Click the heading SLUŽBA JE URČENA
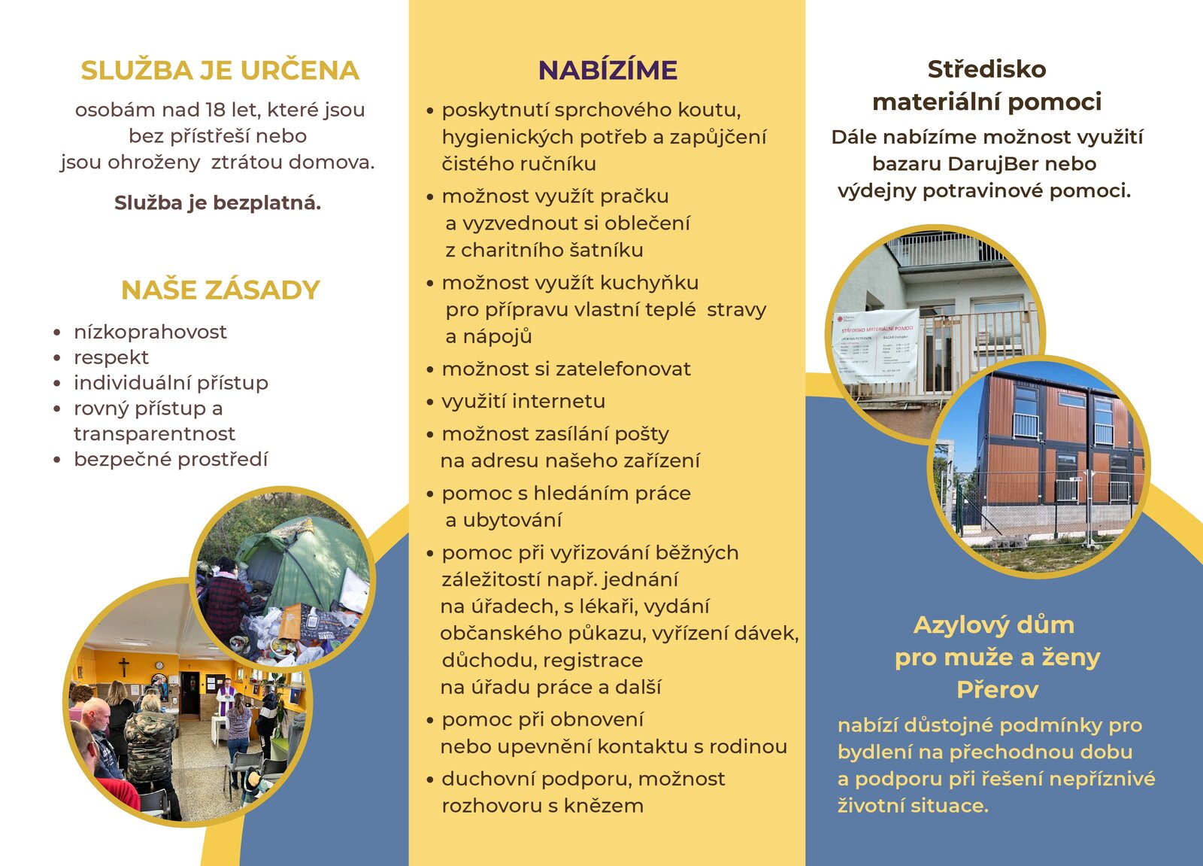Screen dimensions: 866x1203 220,71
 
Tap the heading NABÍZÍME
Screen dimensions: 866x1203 608,71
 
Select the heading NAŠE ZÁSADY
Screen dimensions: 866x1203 220,290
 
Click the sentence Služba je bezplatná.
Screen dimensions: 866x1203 217,203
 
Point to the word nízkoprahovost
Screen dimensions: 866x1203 150,332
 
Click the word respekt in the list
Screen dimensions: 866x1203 111,357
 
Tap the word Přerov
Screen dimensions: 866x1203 997,689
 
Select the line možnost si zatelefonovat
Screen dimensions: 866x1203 565,369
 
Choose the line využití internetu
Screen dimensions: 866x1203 523,402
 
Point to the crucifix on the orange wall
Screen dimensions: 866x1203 123,667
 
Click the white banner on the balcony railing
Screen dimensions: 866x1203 877,346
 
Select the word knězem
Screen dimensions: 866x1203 606,806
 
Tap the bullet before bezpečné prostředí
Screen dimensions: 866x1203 57,460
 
